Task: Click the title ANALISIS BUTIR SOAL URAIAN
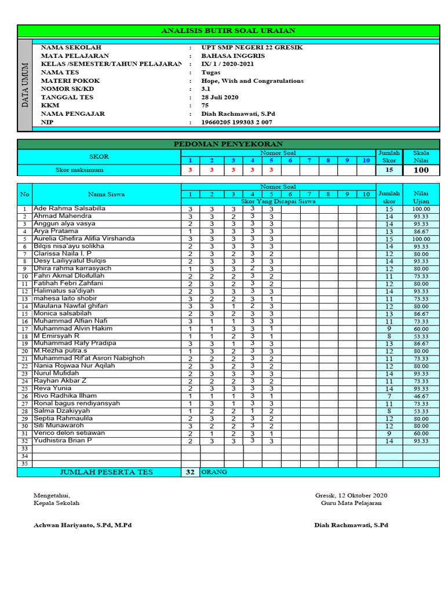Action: [x=228, y=31]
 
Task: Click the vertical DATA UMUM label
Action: [x=25, y=85]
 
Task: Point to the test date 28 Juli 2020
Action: [x=220, y=97]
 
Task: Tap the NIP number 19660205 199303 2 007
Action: [x=236, y=122]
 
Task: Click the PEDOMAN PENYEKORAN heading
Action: [x=228, y=144]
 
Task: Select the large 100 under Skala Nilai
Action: [x=421, y=170]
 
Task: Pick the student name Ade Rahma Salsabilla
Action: [x=70, y=208]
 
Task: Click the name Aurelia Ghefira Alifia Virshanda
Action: [x=84, y=238]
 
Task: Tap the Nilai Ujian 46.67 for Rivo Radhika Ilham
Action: [x=421, y=396]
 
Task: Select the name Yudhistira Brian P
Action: [x=62, y=441]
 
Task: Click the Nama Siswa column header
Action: [x=106, y=194]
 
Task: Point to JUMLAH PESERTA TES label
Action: [x=106, y=472]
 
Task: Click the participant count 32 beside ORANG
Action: [x=189, y=472]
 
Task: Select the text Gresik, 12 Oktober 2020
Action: [x=351, y=495]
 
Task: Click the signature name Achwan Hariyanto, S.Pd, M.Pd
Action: [x=83, y=525]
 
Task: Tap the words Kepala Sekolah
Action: [x=57, y=503]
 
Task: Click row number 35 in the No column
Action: [x=24, y=464]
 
